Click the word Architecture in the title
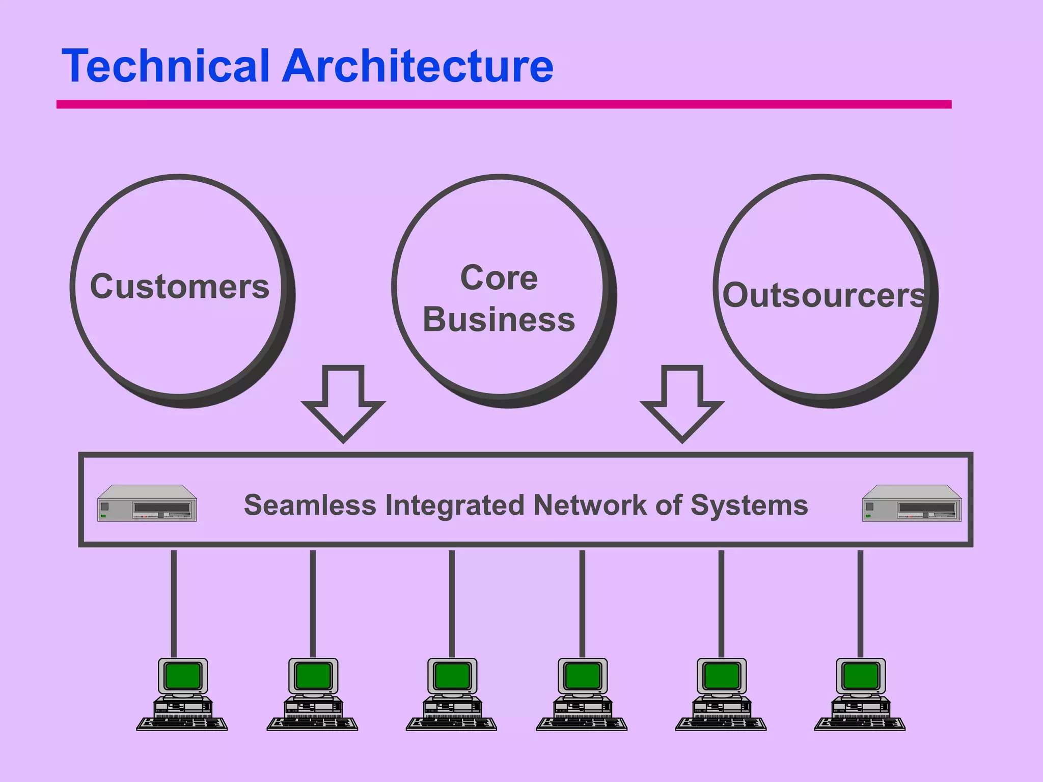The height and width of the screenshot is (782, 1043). [x=418, y=66]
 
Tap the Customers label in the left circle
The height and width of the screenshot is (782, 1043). [x=179, y=287]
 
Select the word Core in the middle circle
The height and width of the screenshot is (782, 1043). [x=499, y=278]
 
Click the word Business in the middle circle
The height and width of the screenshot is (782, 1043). [x=499, y=320]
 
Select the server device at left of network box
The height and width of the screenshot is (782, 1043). [x=147, y=503]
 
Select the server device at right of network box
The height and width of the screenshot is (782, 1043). [x=912, y=503]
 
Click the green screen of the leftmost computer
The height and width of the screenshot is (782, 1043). [x=183, y=676]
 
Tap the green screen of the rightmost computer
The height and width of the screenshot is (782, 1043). [x=861, y=676]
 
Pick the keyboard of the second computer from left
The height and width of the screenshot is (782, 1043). [x=312, y=723]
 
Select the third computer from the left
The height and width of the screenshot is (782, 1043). [x=452, y=694]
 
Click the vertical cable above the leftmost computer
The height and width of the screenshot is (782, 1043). [x=174, y=603]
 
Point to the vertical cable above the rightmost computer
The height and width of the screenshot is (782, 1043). [x=860, y=603]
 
